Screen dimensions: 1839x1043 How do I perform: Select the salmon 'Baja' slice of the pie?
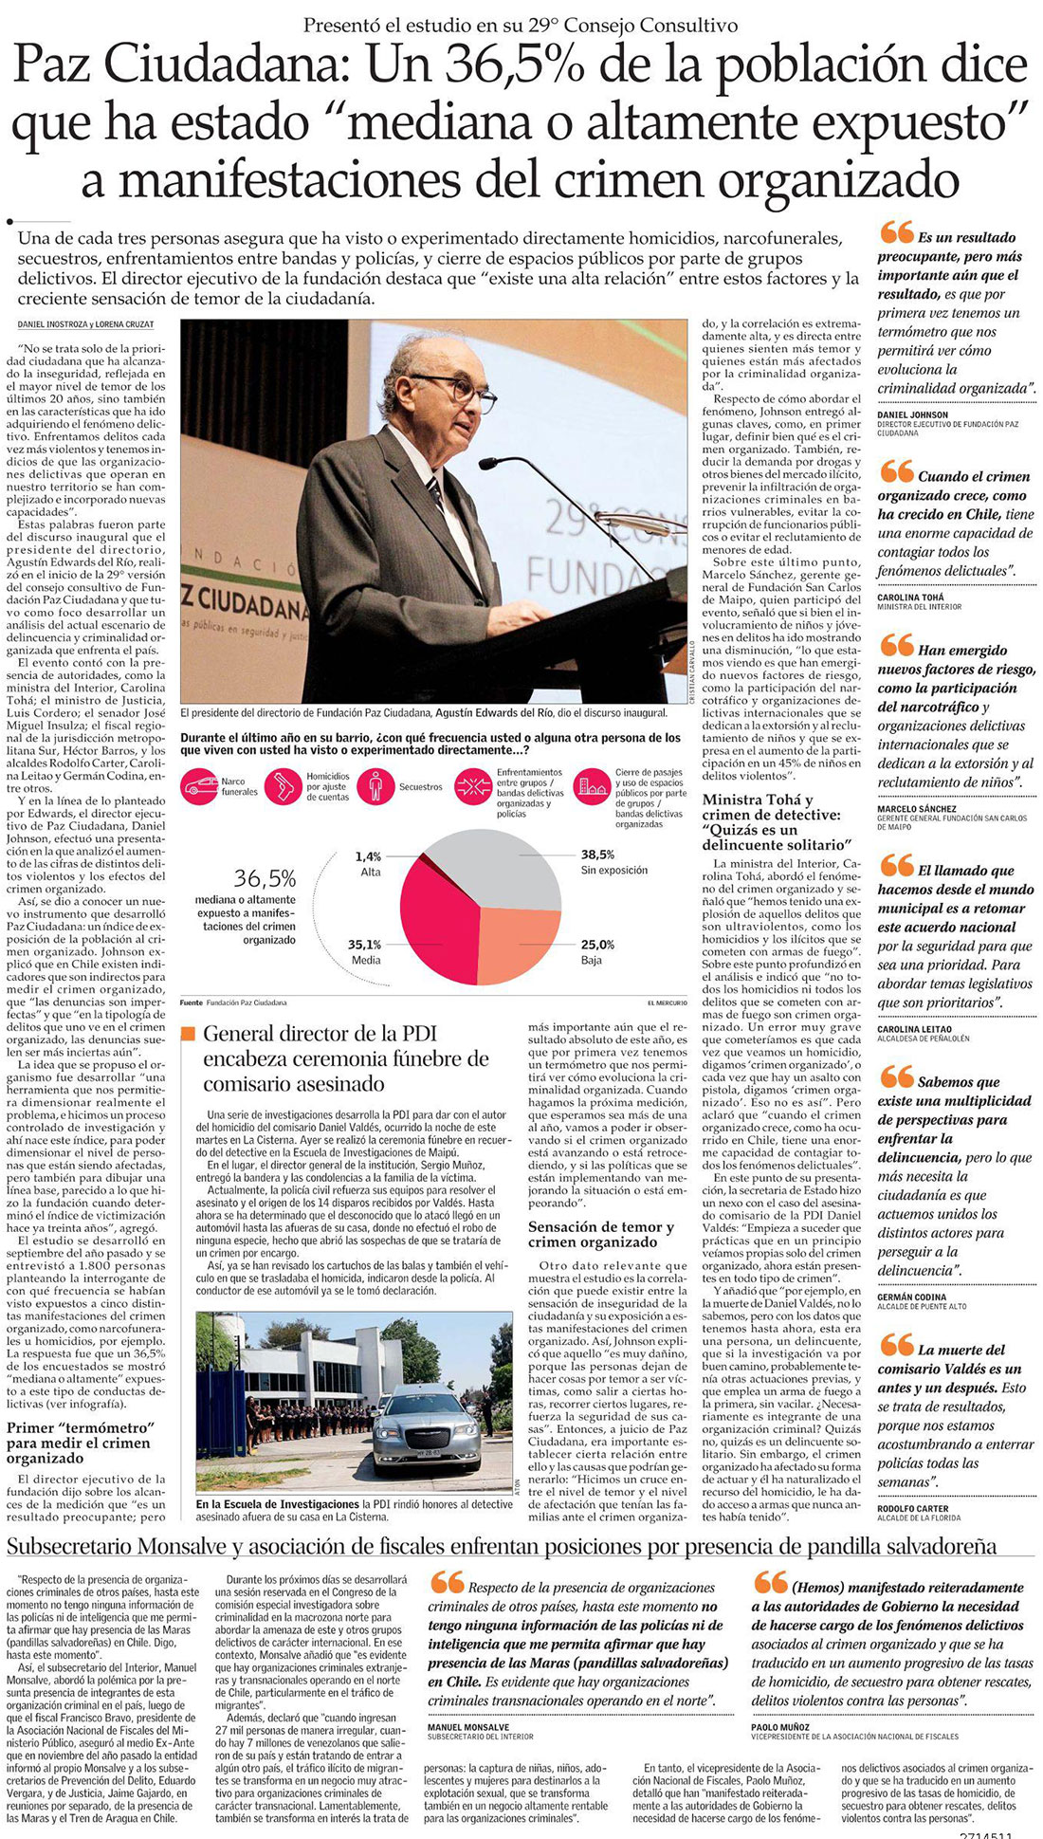click(x=518, y=943)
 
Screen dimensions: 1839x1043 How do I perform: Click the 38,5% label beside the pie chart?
click(x=597, y=855)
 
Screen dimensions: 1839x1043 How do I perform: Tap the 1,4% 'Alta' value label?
click(x=368, y=857)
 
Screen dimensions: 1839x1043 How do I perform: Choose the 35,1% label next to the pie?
click(x=364, y=945)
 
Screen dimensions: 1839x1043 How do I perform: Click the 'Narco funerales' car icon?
click(x=200, y=786)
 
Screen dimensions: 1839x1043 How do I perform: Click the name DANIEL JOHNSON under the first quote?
click(x=912, y=415)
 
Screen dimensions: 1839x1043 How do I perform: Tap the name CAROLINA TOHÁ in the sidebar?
click(x=910, y=598)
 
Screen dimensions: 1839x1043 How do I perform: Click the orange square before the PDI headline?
click(x=188, y=1034)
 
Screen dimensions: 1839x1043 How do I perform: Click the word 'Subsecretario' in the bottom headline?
click(x=70, y=1547)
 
